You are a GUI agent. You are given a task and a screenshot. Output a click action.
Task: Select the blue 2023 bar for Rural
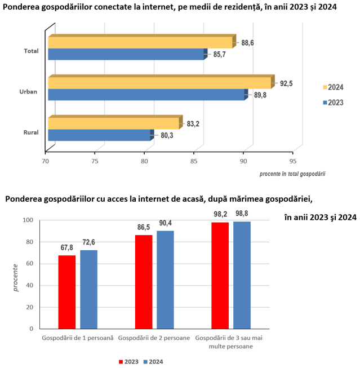click(x=101, y=135)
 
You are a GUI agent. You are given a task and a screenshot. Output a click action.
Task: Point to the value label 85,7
click(x=219, y=55)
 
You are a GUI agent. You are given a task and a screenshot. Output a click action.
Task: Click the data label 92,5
click(x=286, y=83)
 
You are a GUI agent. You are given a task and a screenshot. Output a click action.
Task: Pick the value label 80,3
click(x=167, y=135)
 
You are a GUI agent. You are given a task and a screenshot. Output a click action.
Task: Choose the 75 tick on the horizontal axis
click(x=95, y=161)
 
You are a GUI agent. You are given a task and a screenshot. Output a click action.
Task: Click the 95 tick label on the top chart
click(x=293, y=161)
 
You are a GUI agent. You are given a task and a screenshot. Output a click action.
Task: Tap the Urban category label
click(x=28, y=91)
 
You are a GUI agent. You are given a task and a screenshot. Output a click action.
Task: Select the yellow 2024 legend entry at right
click(x=333, y=87)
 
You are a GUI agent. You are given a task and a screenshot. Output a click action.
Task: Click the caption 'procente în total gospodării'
click(x=292, y=174)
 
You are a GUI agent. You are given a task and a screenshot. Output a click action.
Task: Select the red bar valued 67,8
click(x=67, y=292)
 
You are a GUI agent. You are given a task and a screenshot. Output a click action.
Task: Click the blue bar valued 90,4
click(x=165, y=280)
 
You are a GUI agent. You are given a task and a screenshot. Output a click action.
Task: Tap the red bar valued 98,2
click(x=220, y=276)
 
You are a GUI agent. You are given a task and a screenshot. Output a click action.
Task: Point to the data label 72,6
click(x=88, y=242)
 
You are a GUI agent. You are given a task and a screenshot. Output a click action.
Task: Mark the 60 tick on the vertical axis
click(x=29, y=264)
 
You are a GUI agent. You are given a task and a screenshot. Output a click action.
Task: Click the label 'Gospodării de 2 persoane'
click(x=154, y=338)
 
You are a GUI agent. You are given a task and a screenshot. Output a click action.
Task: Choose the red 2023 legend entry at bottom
click(x=128, y=362)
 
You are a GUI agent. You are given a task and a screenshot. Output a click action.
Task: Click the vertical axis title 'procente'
click(x=15, y=278)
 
